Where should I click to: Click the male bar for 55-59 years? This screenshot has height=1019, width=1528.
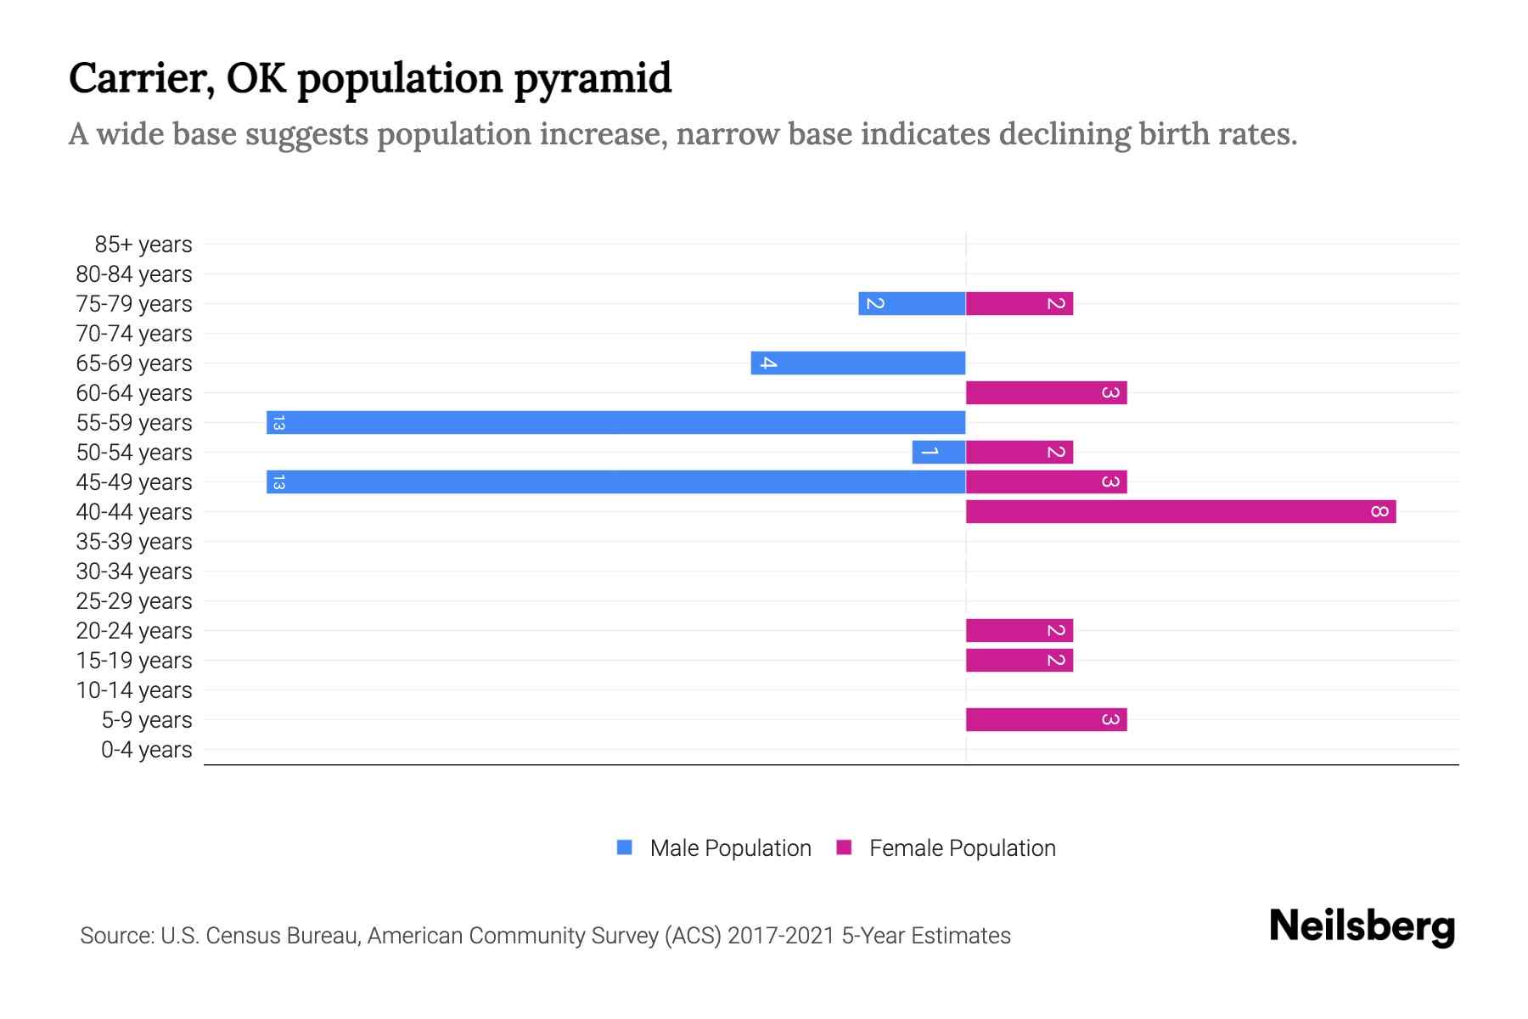[615, 422]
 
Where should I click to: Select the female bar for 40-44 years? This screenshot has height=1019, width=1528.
[1180, 511]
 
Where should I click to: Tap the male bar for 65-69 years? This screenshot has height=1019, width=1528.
[857, 363]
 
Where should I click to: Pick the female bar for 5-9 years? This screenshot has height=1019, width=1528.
[1046, 719]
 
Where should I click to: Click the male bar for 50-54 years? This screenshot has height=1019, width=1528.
[938, 452]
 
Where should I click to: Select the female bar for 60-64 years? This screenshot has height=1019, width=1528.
[1046, 392]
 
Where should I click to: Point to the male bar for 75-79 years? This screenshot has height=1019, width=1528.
[912, 303]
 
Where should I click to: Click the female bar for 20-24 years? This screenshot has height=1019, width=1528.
[1019, 630]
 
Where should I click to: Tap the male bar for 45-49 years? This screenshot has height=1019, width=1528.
[615, 481]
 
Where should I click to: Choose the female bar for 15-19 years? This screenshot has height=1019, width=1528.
[1019, 660]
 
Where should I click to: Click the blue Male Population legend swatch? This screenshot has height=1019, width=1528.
[625, 847]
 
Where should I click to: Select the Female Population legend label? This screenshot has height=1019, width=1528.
[962, 847]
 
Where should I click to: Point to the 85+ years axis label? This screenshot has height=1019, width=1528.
[143, 245]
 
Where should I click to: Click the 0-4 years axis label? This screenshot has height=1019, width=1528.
[146, 750]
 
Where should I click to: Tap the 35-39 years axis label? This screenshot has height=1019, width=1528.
[134, 542]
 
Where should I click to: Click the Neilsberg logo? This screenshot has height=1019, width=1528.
[1362, 926]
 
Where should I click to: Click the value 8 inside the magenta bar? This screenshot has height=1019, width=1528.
[1379, 511]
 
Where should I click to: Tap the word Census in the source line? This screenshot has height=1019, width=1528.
[241, 936]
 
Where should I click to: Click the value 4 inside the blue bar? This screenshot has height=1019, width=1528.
[767, 363]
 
